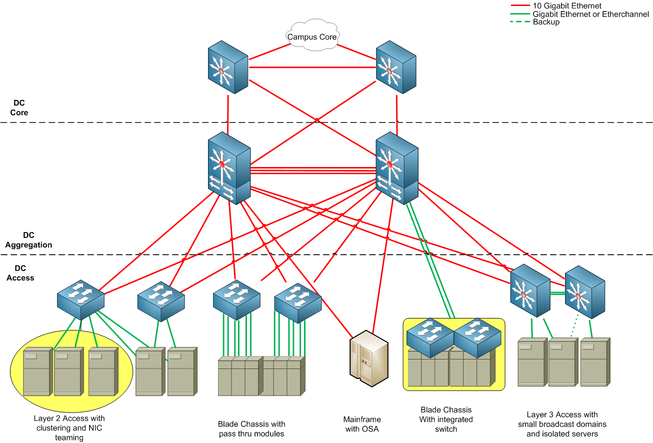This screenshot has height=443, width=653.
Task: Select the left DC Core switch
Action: pos(228,67)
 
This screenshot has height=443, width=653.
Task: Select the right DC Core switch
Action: pos(396,67)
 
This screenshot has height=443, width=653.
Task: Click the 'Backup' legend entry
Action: pos(546,22)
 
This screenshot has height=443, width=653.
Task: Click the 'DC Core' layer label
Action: pos(19,108)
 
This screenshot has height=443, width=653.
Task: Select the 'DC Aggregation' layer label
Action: pos(28,240)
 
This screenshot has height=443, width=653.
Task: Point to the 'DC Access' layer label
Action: pos(20,273)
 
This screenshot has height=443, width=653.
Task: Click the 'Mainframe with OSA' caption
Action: pos(362,424)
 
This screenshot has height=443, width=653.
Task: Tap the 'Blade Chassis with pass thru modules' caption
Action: pos(251,428)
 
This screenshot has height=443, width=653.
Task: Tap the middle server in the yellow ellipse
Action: pos(68,372)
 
